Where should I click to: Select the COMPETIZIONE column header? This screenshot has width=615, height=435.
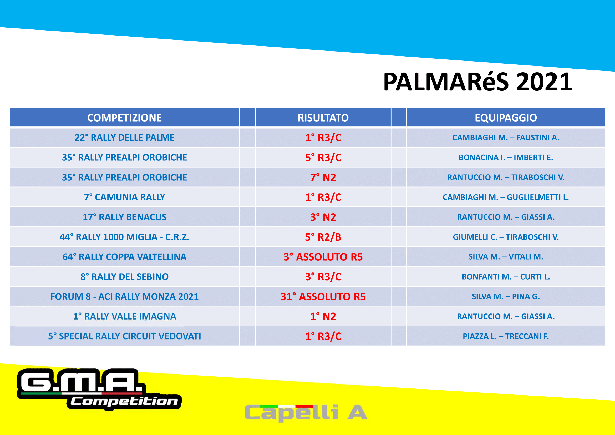[x=125, y=118]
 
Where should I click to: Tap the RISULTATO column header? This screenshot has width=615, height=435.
[x=323, y=118]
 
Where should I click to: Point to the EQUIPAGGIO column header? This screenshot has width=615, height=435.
[x=506, y=118]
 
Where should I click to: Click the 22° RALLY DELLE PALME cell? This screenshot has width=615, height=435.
[x=125, y=138]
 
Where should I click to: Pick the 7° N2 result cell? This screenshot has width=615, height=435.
[x=323, y=177]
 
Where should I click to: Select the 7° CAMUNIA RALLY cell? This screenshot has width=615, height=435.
[x=125, y=197]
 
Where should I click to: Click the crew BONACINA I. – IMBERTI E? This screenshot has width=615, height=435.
[x=506, y=158]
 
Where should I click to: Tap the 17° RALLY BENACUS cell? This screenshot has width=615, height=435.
[x=125, y=217]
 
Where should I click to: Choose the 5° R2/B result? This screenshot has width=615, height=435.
[x=323, y=237]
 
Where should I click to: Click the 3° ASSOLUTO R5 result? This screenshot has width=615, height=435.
[x=323, y=257]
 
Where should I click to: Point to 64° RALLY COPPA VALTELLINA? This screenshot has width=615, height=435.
[x=125, y=257]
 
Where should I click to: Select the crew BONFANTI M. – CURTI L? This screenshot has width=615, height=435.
[x=506, y=277]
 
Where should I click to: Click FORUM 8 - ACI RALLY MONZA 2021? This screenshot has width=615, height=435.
[x=125, y=296]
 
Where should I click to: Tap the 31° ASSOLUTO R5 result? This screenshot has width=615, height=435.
[x=323, y=296]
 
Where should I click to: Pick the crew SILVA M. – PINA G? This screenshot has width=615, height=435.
[x=506, y=296]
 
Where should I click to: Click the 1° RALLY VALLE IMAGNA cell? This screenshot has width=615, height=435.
[x=125, y=316]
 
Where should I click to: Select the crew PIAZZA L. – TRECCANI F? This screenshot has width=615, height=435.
[x=506, y=336]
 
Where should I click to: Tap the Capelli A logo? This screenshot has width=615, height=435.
[x=306, y=413]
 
